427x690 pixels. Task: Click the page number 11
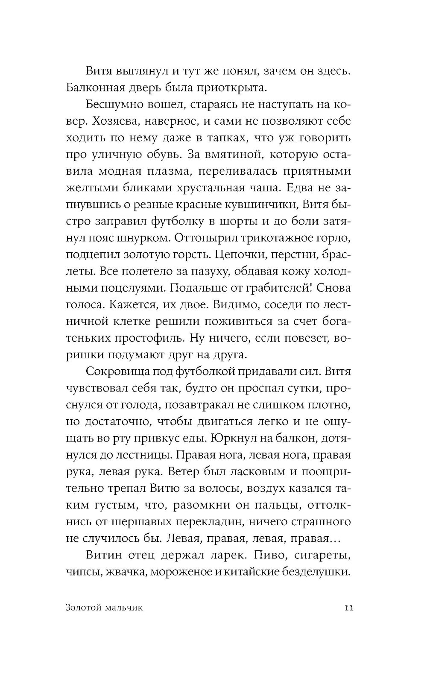click(x=348, y=608)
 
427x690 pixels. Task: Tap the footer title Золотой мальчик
click(x=105, y=608)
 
